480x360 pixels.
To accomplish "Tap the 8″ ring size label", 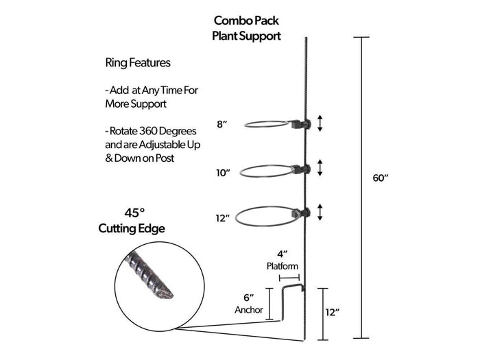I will click(x=222, y=124).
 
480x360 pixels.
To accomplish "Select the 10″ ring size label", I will click(x=222, y=173).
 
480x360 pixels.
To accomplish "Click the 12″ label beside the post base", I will click(x=333, y=313).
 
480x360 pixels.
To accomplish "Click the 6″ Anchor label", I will click(x=248, y=303).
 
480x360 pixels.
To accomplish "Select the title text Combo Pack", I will click(x=246, y=21).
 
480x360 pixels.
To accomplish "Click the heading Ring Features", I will click(x=138, y=62).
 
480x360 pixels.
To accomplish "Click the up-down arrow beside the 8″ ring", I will click(x=320, y=123).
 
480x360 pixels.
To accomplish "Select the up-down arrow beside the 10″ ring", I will click(x=320, y=169).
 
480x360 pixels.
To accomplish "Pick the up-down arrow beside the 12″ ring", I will click(x=320, y=213).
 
